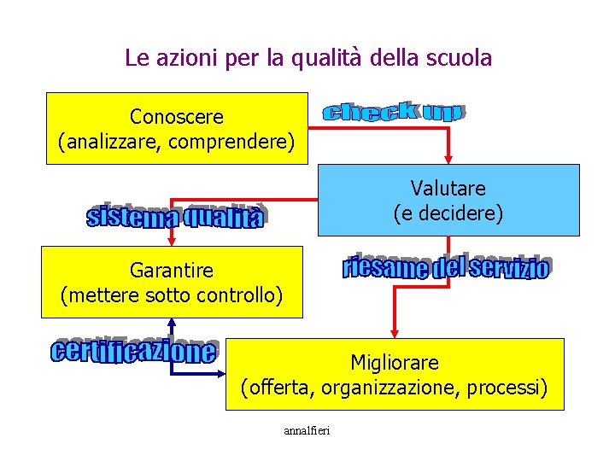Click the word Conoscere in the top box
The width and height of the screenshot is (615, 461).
click(177, 115)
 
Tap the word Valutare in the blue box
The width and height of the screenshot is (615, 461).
click(448, 188)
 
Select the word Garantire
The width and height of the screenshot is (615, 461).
click(172, 271)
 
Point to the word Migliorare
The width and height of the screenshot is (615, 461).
click(395, 363)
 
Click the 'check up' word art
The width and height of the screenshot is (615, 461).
click(393, 112)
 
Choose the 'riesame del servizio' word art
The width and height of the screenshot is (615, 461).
click(445, 267)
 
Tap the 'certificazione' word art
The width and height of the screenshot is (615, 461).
click(134, 350)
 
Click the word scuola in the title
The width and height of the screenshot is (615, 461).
click(461, 58)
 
